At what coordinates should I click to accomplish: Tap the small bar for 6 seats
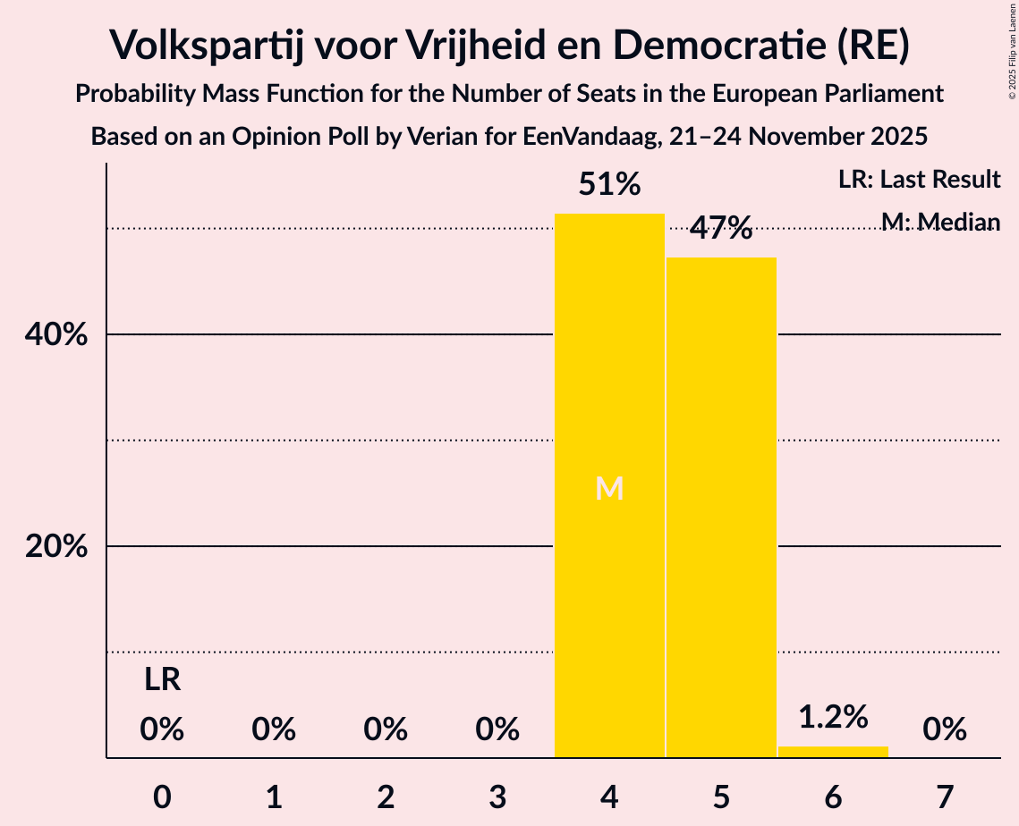click(833, 752)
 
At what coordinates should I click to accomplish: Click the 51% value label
click(609, 185)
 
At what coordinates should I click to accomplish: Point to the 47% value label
click(721, 229)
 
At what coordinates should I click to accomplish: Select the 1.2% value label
click(833, 716)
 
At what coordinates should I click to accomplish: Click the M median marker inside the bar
click(609, 488)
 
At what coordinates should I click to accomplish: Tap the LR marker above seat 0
click(162, 681)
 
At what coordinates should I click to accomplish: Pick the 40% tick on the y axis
click(55, 335)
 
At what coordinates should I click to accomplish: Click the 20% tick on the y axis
click(55, 547)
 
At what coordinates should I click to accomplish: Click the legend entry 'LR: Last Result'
click(919, 180)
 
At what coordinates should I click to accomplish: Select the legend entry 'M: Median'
click(939, 222)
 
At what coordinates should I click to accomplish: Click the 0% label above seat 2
click(386, 730)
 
